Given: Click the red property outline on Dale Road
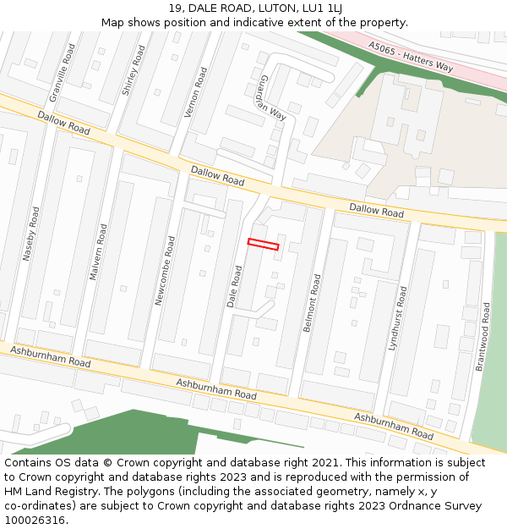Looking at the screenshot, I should point(263,245).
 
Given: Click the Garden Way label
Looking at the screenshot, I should point(275,98).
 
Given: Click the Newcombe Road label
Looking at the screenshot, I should point(164,270).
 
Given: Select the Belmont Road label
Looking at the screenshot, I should point(313,301).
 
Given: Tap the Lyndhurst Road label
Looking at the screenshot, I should point(397,318).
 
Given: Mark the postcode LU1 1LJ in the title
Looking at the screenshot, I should point(323,8).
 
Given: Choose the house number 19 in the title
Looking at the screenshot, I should point(175,8).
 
